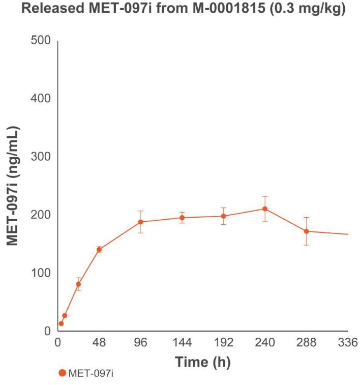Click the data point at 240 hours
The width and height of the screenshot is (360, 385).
(265, 209)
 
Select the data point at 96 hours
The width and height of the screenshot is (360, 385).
(140, 222)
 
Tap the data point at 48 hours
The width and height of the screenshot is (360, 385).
(99, 249)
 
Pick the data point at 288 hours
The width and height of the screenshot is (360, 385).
(307, 231)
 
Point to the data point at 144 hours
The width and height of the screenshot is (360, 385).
(182, 218)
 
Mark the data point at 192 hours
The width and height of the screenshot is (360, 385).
(224, 216)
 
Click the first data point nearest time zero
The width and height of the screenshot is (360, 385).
(61, 323)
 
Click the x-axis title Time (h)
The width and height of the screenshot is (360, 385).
(202, 362)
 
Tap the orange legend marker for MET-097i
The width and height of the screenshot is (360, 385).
(62, 373)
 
